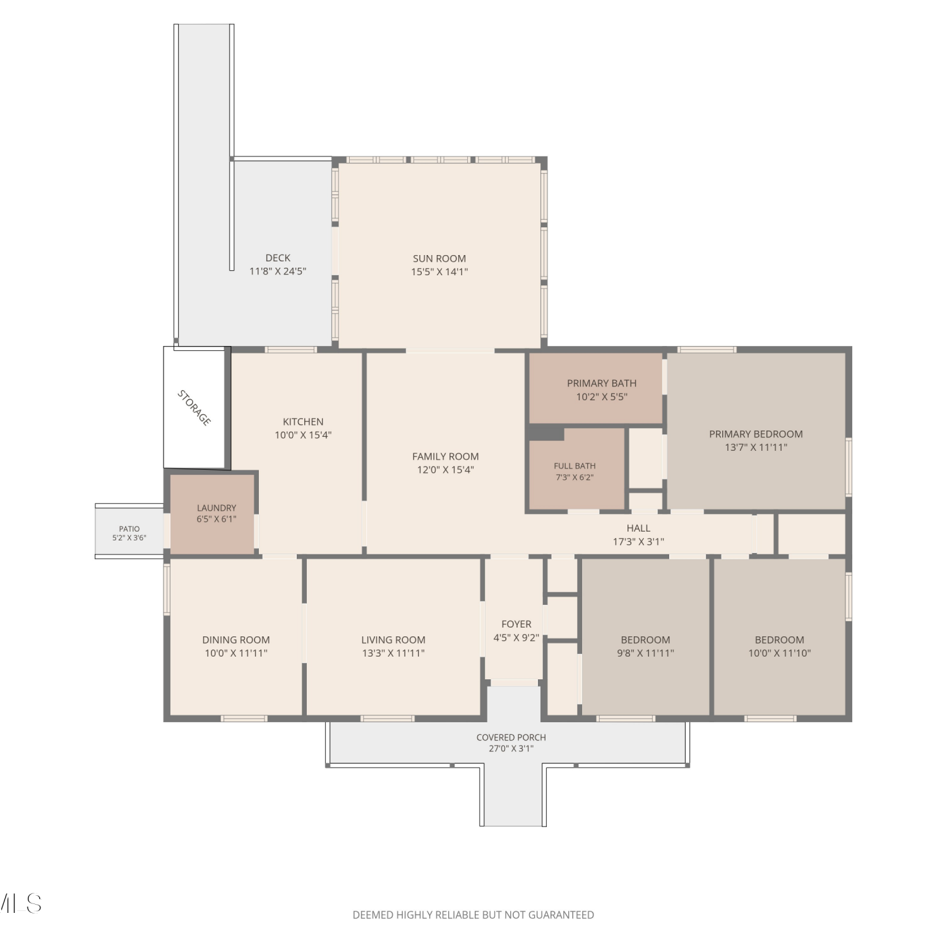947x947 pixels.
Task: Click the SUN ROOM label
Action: click(x=439, y=258)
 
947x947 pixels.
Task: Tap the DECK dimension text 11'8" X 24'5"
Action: click(x=278, y=271)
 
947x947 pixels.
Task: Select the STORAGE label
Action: click(x=194, y=408)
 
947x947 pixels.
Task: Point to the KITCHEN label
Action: click(x=303, y=421)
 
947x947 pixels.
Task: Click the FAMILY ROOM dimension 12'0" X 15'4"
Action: click(x=446, y=470)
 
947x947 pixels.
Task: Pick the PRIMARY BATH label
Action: click(x=602, y=383)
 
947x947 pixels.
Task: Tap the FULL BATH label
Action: click(x=575, y=466)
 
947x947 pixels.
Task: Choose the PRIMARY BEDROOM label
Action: click(x=756, y=434)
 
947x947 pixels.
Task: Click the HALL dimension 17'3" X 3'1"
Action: click(x=638, y=542)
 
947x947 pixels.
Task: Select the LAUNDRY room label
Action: click(x=217, y=508)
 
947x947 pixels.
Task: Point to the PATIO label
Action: click(x=129, y=529)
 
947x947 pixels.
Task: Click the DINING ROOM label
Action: click(x=236, y=640)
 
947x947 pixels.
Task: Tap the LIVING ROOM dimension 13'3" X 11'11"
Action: click(x=393, y=653)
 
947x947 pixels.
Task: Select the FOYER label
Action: click(x=516, y=624)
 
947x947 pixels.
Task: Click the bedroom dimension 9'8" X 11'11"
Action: click(x=645, y=653)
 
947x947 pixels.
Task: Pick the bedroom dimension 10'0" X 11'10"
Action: click(x=780, y=653)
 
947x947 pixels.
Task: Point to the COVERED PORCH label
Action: click(x=511, y=737)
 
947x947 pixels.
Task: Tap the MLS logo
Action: click(x=20, y=903)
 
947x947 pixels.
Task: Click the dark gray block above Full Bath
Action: click(x=546, y=433)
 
